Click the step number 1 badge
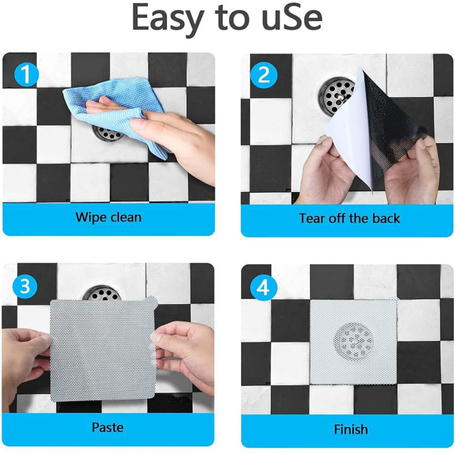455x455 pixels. pos(26,75)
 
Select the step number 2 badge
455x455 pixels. pos(264,75)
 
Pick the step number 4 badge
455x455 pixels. pos(263,288)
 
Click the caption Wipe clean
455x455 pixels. pos(108,217)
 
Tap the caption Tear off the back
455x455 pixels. pos(349,218)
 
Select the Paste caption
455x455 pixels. pos(107,427)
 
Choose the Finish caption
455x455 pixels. pos(351,429)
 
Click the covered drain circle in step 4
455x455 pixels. pos(352,342)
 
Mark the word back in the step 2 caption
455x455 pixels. pos(386,218)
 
